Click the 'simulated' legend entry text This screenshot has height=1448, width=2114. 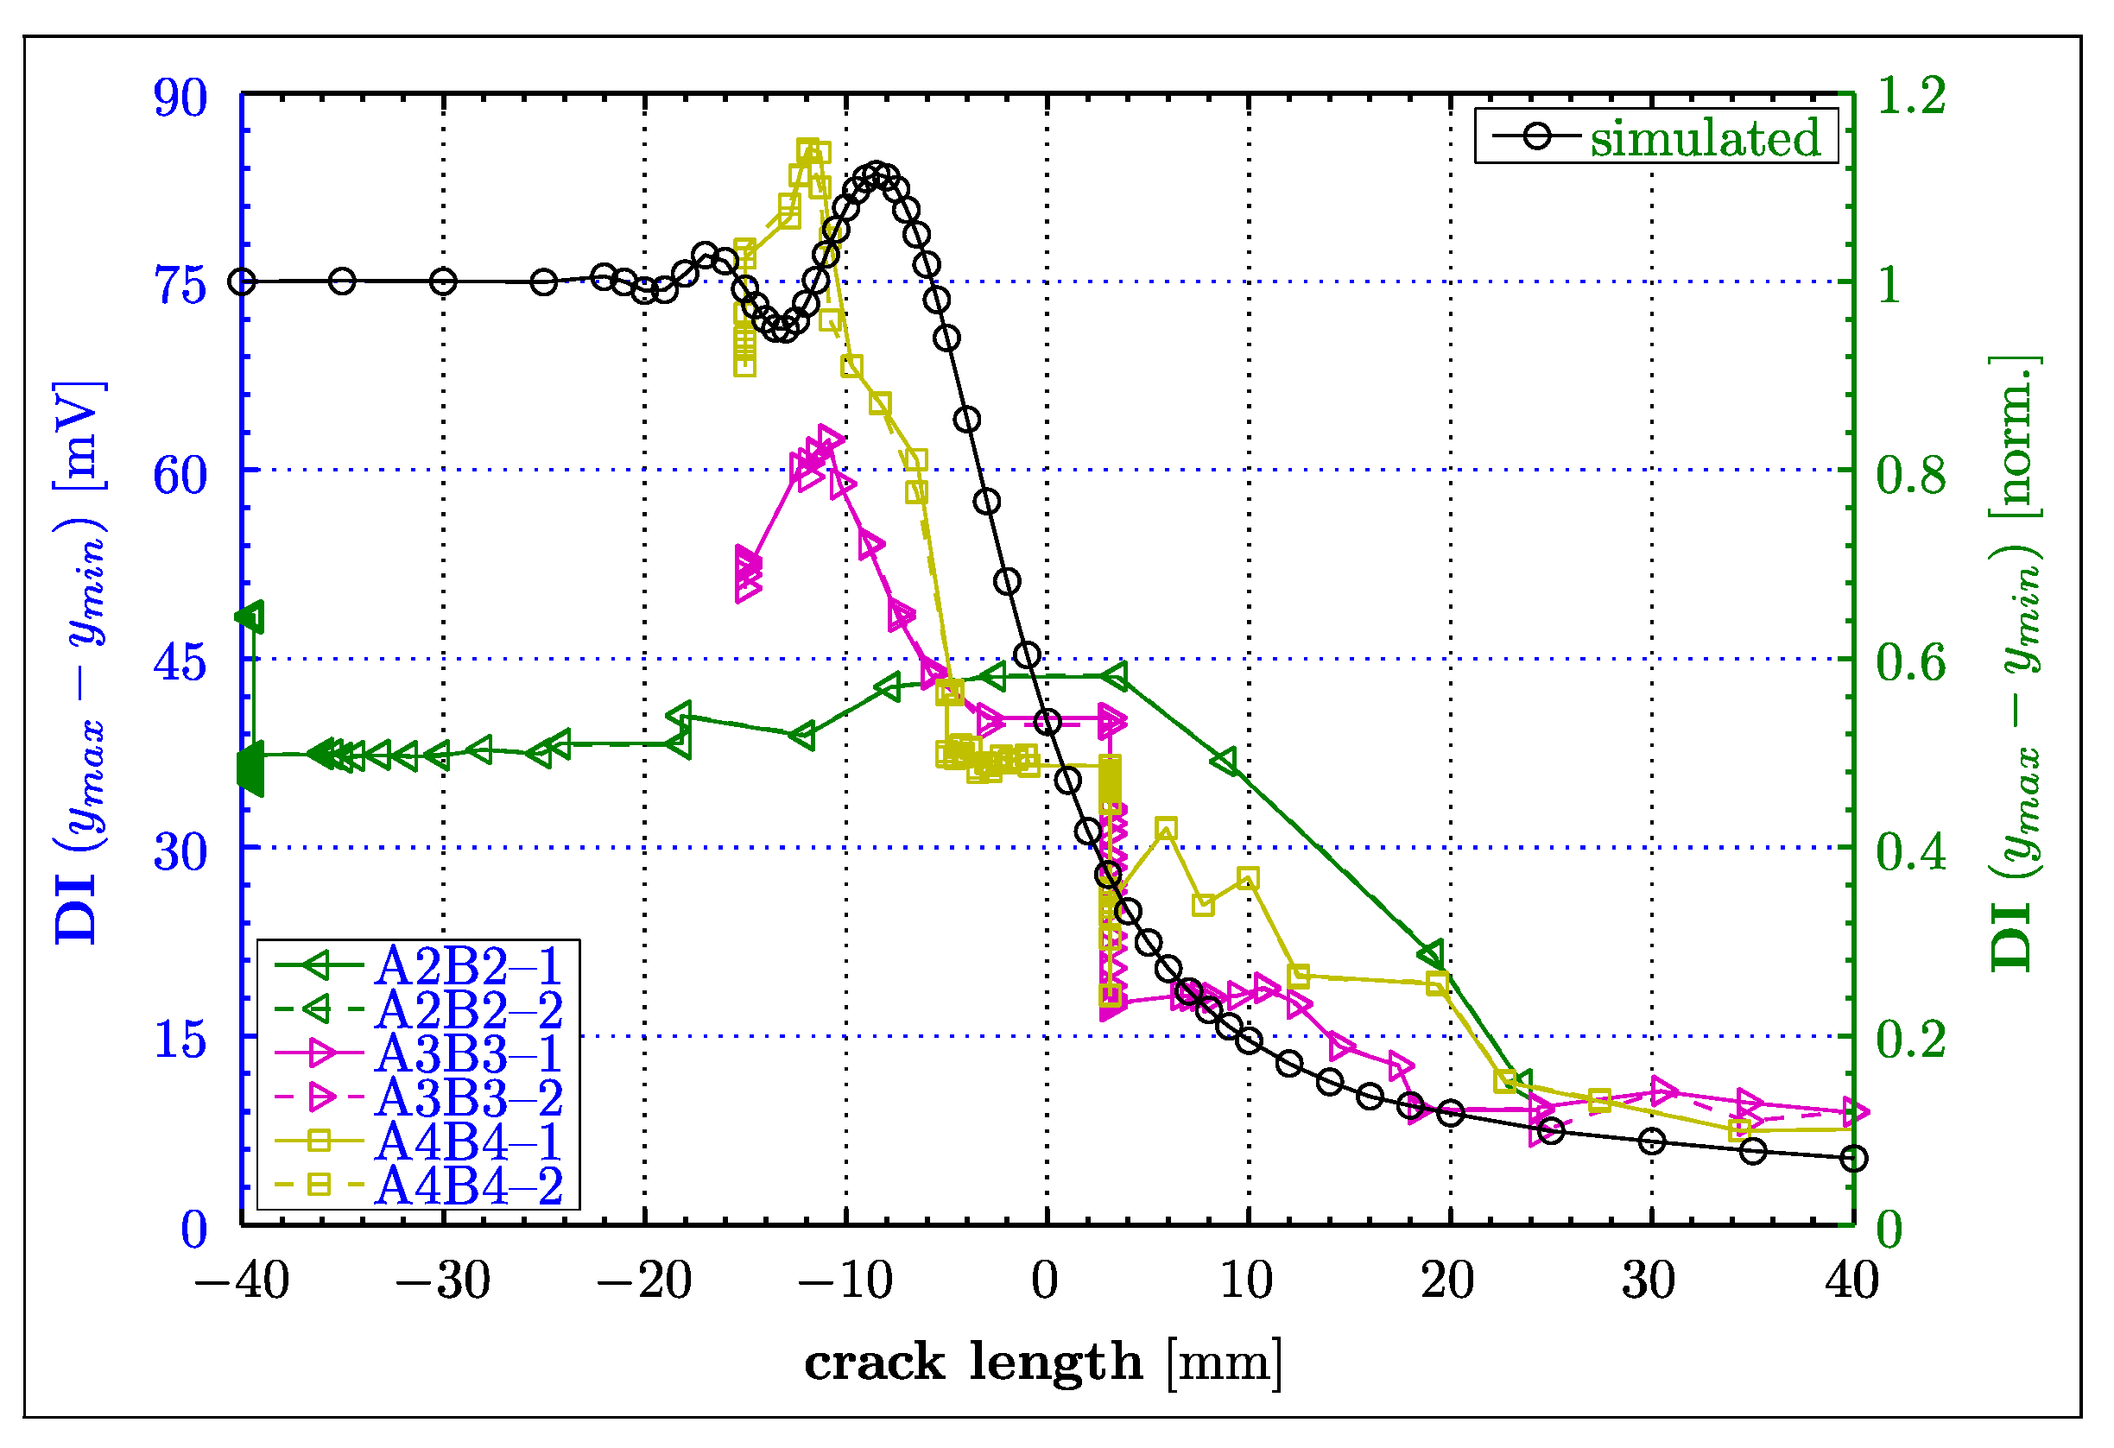pos(1704,139)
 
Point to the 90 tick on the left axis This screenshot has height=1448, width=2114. pos(180,98)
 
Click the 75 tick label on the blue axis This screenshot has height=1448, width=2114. pos(180,288)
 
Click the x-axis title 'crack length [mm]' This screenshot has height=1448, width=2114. pos(1042,1363)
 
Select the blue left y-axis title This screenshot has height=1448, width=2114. pos(80,662)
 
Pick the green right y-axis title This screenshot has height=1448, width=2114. pos(2016,662)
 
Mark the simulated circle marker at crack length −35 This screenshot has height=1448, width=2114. pos(342,282)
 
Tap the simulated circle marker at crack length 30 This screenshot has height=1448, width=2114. pos(1651,1142)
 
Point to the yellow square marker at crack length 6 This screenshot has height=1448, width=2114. pos(1166,829)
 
